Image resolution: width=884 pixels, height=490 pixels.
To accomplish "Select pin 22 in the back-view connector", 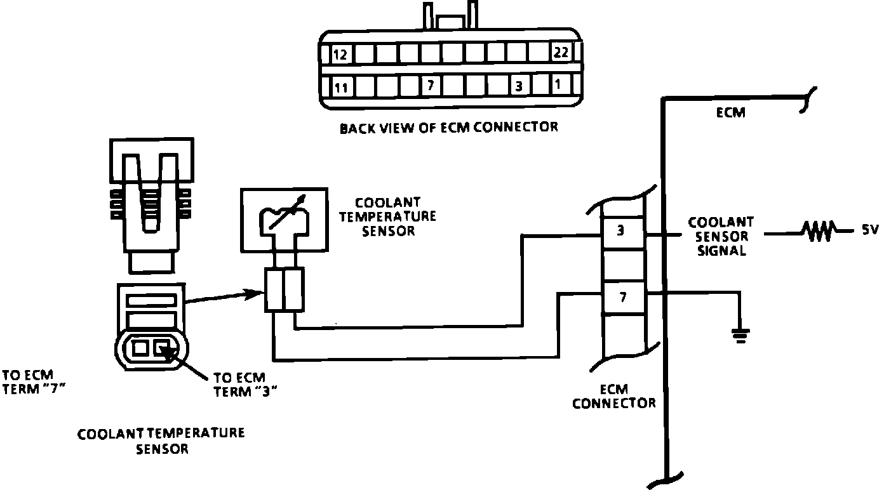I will coord(560,53).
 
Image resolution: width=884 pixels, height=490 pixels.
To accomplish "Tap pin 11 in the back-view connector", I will coord(340,88).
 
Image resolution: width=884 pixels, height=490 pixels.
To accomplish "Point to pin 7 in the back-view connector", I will coord(430,85).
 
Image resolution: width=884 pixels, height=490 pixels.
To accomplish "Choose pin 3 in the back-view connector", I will coord(519,86).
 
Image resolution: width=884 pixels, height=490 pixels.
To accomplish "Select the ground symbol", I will coord(740,334).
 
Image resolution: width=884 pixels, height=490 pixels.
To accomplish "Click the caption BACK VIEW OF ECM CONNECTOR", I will coord(448,128).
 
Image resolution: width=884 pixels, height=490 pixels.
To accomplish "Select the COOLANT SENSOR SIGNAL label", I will coord(720,236).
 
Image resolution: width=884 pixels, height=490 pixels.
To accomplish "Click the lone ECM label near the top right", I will coord(730,114).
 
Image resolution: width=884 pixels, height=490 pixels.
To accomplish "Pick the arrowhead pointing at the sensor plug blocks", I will coord(258,293).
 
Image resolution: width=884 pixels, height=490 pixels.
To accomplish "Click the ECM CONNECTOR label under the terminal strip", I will coord(613,397).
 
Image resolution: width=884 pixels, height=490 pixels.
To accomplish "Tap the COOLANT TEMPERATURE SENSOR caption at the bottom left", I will coord(161,441).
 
